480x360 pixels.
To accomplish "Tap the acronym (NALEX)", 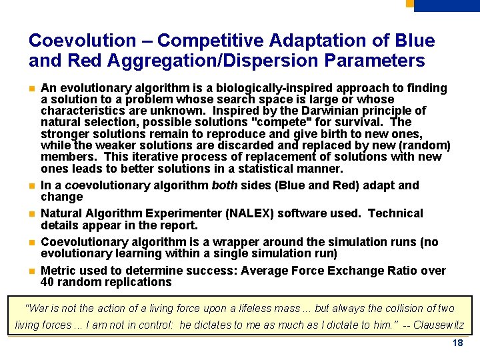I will (x=252, y=213).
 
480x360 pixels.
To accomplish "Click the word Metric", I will (x=59, y=271).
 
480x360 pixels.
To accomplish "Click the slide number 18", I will (x=457, y=343).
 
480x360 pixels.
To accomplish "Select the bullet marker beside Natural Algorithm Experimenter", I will (x=31, y=214).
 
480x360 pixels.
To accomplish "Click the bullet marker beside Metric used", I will (x=31, y=271).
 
